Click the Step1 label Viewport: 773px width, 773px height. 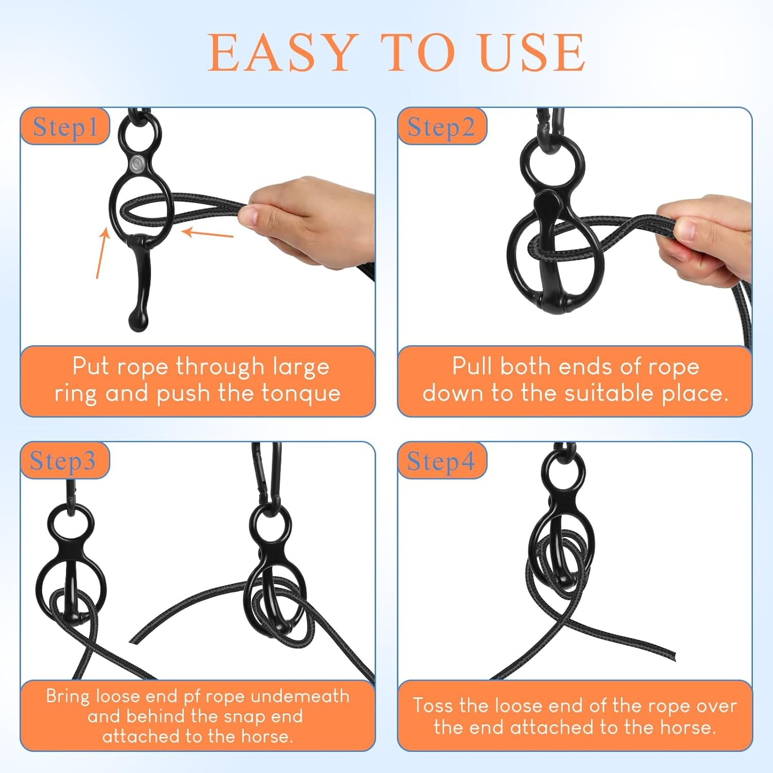pyautogui.click(x=65, y=127)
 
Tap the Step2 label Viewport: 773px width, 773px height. pyautogui.click(x=441, y=127)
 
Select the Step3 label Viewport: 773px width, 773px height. pyautogui.click(x=63, y=461)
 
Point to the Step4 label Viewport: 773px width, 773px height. pyautogui.click(x=441, y=461)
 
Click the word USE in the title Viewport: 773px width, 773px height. pyautogui.click(x=532, y=53)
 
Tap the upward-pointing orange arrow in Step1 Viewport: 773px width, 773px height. pyautogui.click(x=102, y=253)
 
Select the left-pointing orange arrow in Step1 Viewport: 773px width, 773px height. pyautogui.click(x=208, y=233)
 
